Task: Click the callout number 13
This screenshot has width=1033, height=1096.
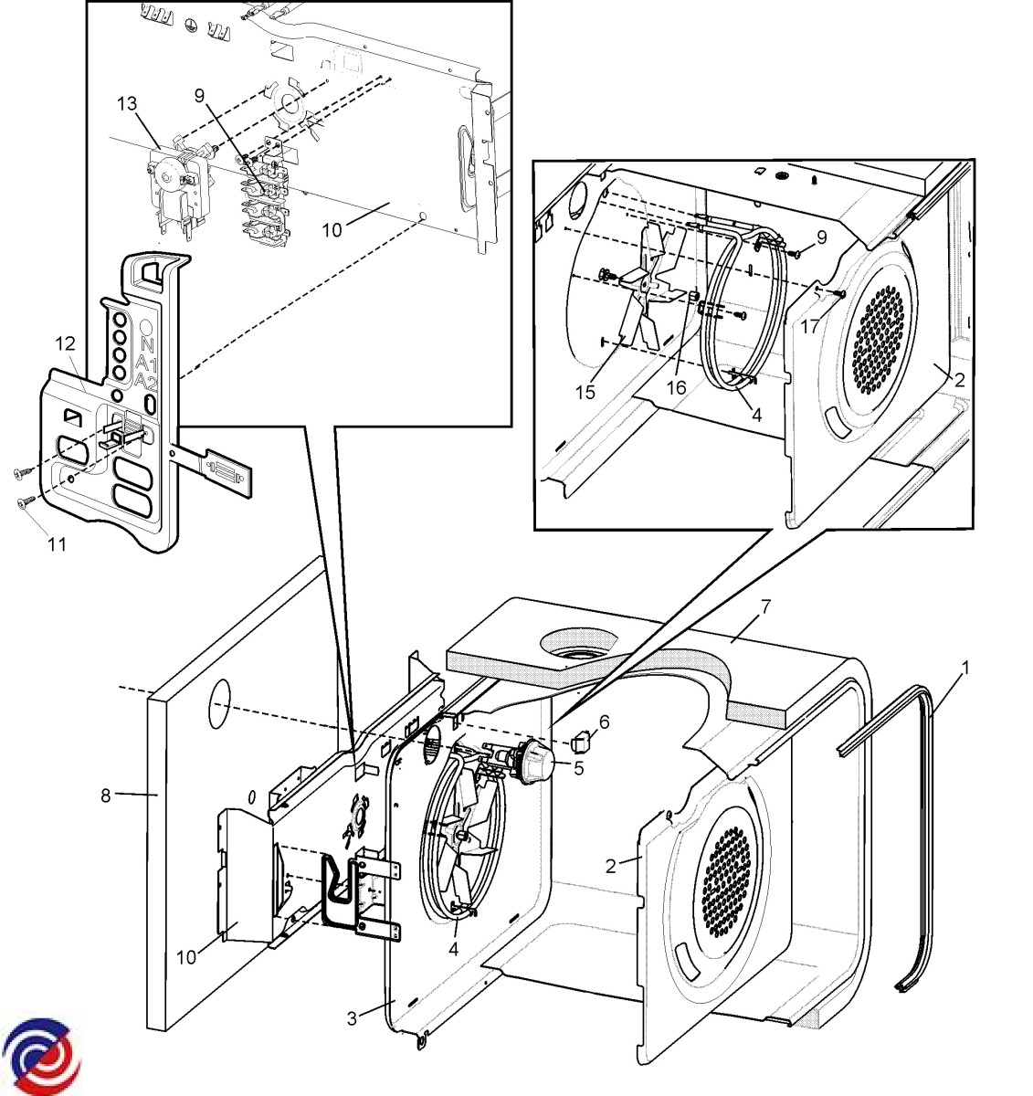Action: coord(127,103)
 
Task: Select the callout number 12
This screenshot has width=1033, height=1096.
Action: coord(64,344)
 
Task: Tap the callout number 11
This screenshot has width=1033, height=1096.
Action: coord(57,545)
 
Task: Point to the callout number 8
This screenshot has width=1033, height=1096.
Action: coord(106,795)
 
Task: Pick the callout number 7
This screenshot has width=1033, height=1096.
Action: coord(765,606)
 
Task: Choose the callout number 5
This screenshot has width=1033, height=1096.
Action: coord(579,767)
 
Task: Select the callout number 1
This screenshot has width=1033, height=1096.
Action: coord(964,668)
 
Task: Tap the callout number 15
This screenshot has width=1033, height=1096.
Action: coord(585,392)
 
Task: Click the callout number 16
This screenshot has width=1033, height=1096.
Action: coord(676,387)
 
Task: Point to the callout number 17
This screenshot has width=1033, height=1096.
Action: coord(810,326)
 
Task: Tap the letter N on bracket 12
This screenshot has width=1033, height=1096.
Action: coord(146,344)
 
